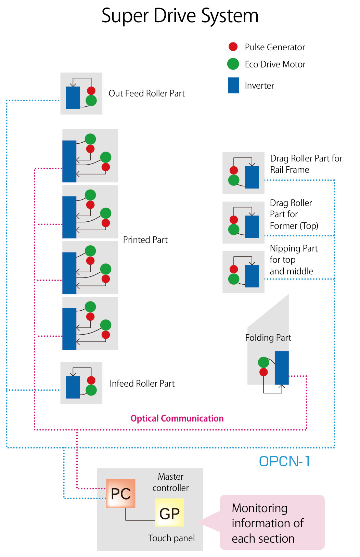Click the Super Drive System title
180,16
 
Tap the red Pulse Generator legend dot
233,47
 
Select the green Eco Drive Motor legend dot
233,64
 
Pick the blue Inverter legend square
233,85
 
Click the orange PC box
121,493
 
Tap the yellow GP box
169,513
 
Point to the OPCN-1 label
284,462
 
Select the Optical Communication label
177,418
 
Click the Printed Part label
145,240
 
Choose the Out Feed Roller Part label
146,93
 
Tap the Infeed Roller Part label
142,384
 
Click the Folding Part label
268,338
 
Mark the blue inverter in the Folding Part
282,368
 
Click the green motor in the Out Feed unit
91,101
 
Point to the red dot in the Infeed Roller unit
91,380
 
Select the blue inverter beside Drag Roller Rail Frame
252,177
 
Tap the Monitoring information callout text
268,523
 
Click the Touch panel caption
171,538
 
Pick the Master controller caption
170,482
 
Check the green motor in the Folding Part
263,362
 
